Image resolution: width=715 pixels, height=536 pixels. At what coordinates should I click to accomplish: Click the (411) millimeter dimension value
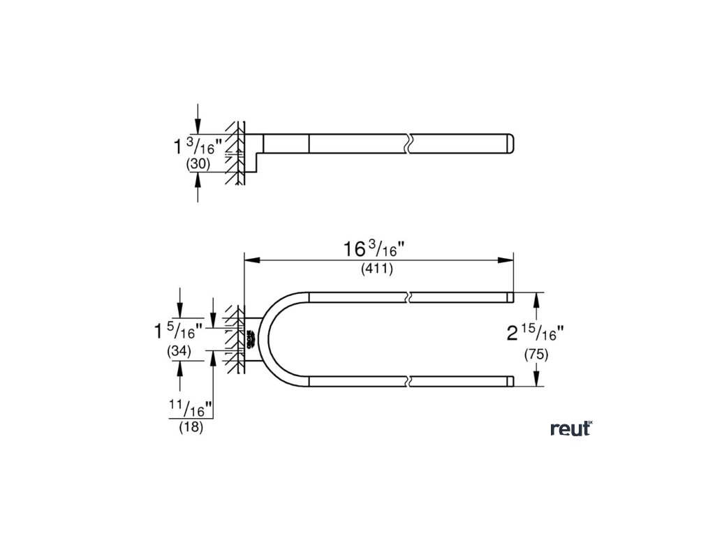[x=377, y=269]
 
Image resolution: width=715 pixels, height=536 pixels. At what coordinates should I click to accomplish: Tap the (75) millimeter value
[x=536, y=355]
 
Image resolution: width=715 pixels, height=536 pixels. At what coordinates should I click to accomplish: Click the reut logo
[x=570, y=429]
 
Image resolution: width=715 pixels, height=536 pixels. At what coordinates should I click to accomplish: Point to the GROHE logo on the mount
[x=249, y=339]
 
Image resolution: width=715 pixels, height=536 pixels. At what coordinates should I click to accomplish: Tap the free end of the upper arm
[x=511, y=297]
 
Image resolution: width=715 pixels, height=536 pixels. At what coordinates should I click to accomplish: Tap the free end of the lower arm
[x=511, y=381]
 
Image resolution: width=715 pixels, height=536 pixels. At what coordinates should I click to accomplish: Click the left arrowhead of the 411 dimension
[x=249, y=260]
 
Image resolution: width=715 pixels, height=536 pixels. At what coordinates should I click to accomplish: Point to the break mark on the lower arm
[x=409, y=381]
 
